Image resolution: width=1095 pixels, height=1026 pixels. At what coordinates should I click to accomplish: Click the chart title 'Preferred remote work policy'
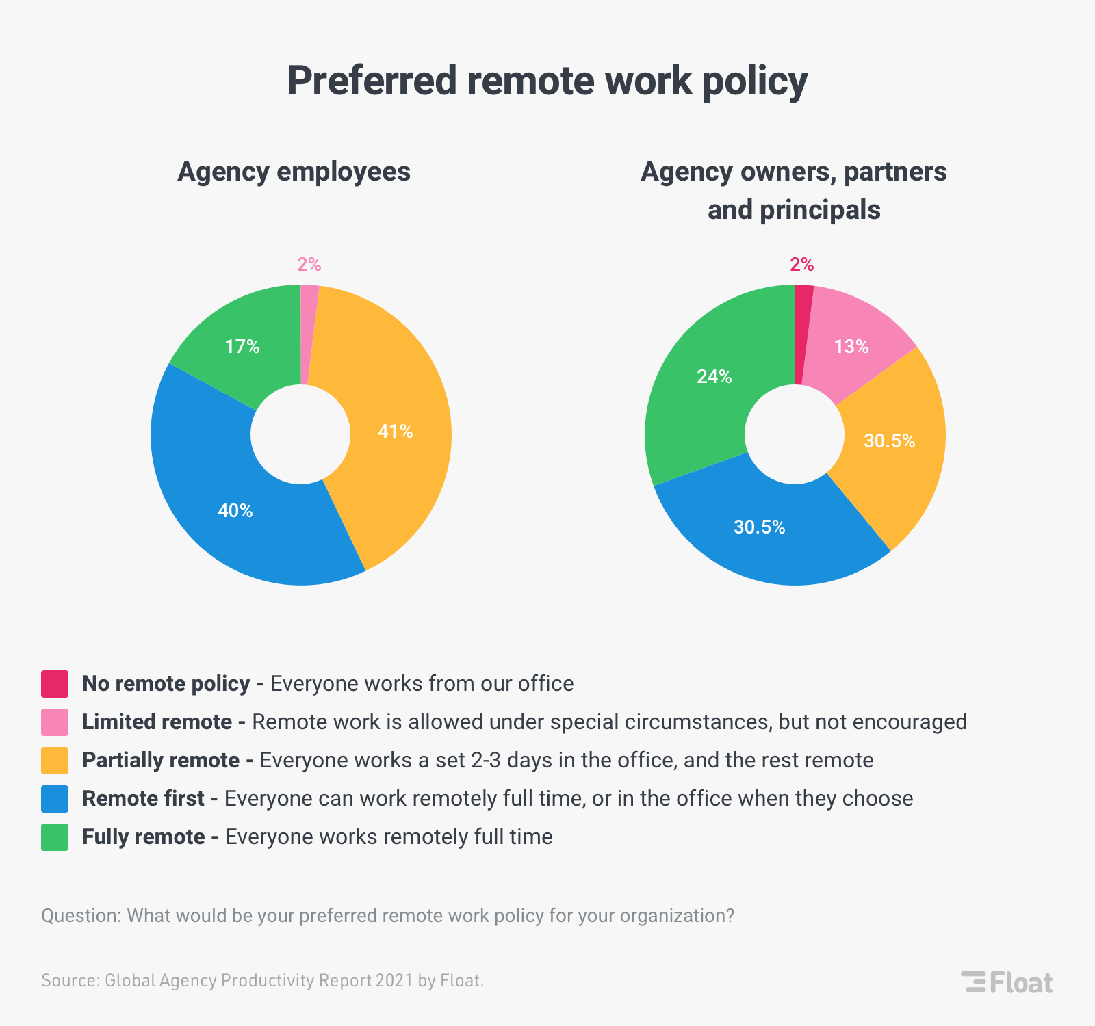547,81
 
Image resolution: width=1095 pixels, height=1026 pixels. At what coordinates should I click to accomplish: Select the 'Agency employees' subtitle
294,171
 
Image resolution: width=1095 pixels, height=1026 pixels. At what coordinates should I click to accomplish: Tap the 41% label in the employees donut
396,432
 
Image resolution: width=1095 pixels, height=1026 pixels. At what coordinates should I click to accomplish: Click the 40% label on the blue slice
235,511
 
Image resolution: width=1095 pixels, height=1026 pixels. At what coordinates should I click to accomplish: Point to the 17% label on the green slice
242,347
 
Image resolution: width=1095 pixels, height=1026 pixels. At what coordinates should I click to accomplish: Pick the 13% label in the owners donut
851,347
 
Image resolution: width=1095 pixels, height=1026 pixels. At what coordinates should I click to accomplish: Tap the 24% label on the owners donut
714,377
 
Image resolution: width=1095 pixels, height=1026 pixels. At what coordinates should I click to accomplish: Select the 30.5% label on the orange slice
889,441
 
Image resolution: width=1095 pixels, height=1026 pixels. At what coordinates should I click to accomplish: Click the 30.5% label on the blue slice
760,527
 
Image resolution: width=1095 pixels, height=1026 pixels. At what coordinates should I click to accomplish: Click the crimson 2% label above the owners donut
802,265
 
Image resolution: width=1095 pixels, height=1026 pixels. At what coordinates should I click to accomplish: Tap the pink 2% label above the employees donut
309,265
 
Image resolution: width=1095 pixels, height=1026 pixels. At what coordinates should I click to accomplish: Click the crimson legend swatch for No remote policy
55,684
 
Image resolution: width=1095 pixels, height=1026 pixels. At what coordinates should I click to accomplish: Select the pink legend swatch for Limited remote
55,722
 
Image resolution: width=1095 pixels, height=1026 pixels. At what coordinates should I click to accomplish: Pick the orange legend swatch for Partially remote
55,761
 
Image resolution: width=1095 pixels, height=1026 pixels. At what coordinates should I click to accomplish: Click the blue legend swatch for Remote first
55,799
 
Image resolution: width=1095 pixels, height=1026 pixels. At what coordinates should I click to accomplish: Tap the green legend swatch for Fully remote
55,837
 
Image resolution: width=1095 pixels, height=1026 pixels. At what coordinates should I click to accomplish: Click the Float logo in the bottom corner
1007,982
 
